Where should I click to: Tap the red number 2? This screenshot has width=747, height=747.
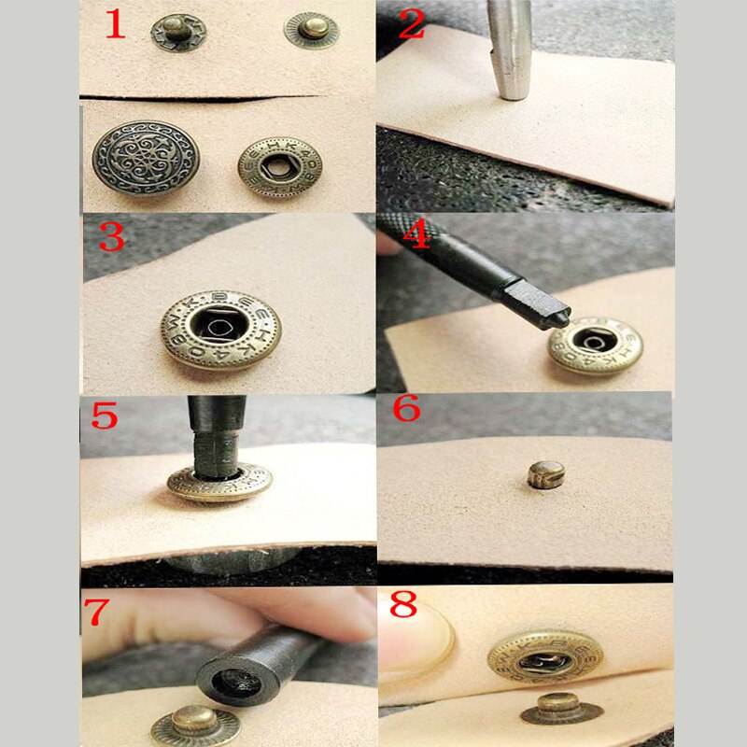[x=411, y=23]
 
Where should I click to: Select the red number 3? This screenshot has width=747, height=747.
[x=111, y=237]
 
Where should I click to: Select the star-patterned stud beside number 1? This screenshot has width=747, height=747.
[x=178, y=33]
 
